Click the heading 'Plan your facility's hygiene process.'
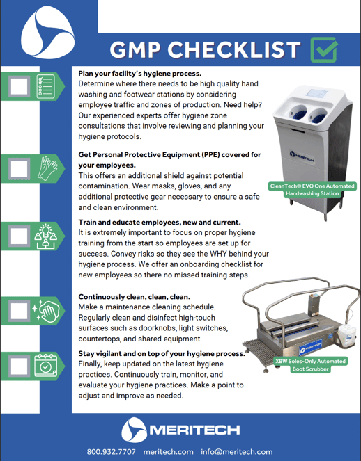[x=140, y=73]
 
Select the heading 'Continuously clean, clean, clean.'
[x=134, y=296]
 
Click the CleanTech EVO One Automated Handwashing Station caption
[x=312, y=190]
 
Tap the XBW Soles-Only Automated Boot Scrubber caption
[x=312, y=365]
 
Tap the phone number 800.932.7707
[x=112, y=451]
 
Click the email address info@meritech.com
[x=236, y=451]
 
